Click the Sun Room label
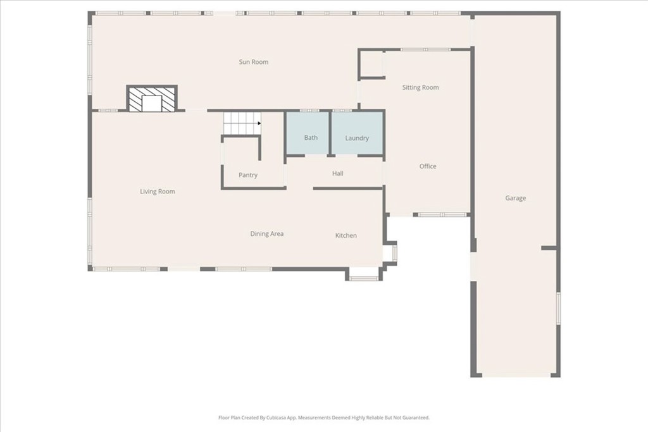point(253,62)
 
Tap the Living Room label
point(158,191)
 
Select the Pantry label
point(248,175)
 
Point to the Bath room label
point(311,137)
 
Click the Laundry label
point(357,138)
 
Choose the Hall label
point(338,173)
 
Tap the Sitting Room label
point(420,87)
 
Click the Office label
point(428,166)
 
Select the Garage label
point(515,198)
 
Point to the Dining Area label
point(267,234)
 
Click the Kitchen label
point(346,235)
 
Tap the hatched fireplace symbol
point(152,99)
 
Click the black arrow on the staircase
point(259,123)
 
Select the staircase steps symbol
point(242,123)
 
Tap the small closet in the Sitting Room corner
point(371,64)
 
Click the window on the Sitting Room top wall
point(426,49)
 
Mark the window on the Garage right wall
point(558,308)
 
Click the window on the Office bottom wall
point(442,215)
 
